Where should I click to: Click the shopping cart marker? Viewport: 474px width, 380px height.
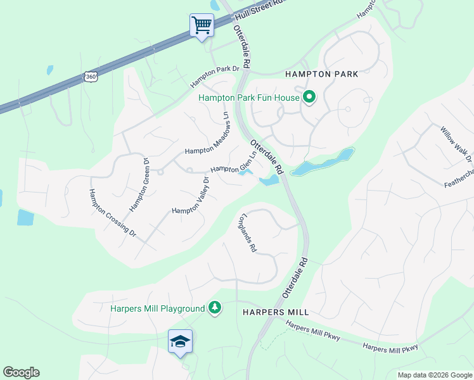tap(202, 26)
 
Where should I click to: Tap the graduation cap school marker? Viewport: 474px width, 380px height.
tap(180, 341)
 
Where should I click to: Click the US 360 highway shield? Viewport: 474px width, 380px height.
tap(91, 77)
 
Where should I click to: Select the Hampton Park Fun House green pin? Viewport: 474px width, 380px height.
tap(309, 98)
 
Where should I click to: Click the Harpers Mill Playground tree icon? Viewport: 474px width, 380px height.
tap(215, 308)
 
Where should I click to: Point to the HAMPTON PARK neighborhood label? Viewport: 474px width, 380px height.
tap(321, 74)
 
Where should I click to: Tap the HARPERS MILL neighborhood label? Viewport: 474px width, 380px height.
tap(276, 312)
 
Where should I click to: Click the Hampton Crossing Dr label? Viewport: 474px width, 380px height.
tap(112, 213)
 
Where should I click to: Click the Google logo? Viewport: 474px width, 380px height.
tap(21, 372)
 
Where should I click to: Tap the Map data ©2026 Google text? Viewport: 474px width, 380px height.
tap(434, 375)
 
